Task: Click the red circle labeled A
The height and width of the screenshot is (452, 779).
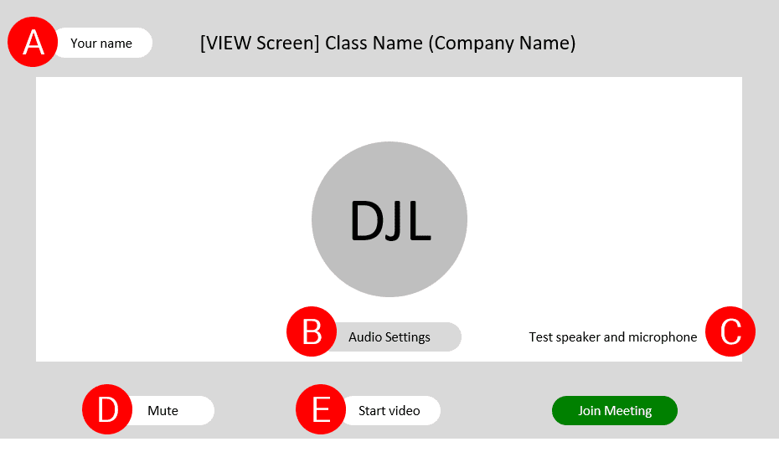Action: point(33,42)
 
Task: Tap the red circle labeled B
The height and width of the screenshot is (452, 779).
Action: point(312,331)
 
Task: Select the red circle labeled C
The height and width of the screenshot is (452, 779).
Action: point(730,331)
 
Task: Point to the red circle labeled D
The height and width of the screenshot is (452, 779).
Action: point(107,409)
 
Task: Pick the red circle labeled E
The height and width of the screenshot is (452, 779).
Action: point(321,409)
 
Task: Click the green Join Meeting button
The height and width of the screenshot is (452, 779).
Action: point(615,411)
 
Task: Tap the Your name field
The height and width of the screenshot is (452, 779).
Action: point(102,43)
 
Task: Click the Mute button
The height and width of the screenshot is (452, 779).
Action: point(169,411)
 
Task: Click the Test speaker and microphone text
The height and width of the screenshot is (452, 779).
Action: point(612,337)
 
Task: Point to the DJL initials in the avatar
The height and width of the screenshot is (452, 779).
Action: point(390,221)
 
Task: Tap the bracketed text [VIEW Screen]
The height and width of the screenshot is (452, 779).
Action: point(260,44)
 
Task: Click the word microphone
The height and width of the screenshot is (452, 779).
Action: point(663,337)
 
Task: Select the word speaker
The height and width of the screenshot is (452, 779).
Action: point(578,338)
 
